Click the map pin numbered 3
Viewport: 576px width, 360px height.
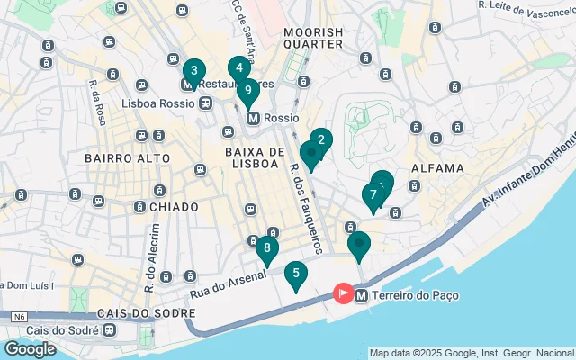tap(193, 72)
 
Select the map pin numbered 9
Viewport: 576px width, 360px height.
tap(248, 91)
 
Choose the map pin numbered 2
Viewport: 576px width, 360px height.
tap(321, 140)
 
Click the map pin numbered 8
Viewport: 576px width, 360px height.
tap(267, 248)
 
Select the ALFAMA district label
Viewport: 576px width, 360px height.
tap(436, 168)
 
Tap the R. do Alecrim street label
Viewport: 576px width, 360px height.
tap(151, 265)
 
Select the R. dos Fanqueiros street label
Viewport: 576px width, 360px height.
tap(306, 199)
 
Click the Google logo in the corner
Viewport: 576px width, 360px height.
tap(30, 348)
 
